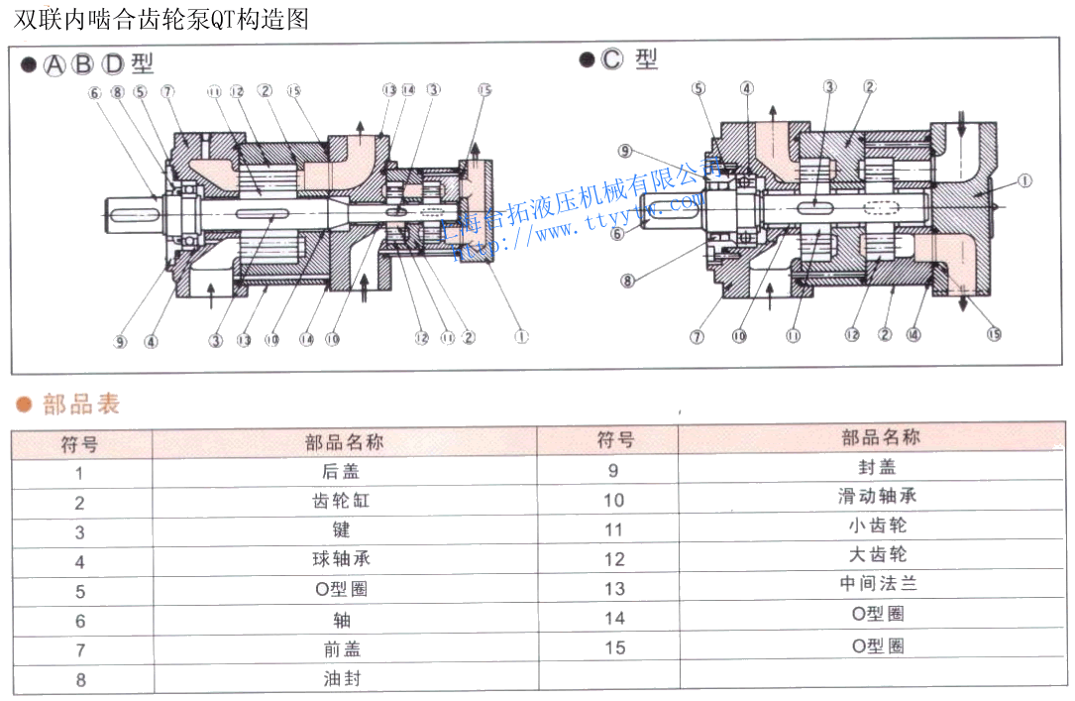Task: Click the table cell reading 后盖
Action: [x=342, y=473]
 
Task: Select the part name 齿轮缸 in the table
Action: [x=342, y=502]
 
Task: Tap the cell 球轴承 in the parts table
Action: [x=342, y=560]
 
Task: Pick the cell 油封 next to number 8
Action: [x=342, y=679]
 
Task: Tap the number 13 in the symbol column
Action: [x=614, y=588]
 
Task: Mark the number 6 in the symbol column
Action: [x=80, y=621]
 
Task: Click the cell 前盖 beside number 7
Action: [x=342, y=649]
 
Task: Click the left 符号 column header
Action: [x=80, y=443]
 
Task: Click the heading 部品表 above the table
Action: [x=81, y=405]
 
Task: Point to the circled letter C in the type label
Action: [x=612, y=60]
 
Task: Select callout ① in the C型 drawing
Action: [x=1023, y=181]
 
